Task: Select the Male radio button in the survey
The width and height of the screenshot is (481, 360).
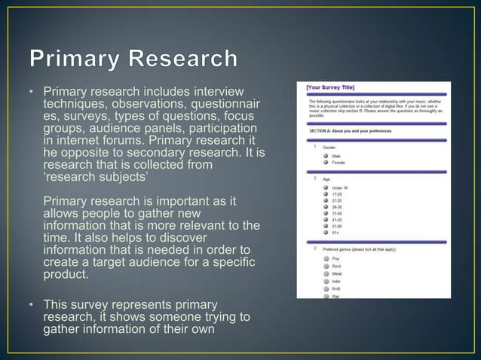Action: [325, 156]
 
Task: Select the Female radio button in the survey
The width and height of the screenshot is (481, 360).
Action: [325, 163]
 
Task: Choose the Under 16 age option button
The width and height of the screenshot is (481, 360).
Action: [325, 188]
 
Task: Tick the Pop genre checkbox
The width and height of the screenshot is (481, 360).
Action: [325, 258]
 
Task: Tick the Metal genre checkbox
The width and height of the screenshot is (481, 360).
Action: [325, 273]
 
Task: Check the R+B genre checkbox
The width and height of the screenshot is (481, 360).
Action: [325, 288]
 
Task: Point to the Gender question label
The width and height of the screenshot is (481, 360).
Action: [329, 148]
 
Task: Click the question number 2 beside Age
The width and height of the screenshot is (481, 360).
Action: [314, 180]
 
